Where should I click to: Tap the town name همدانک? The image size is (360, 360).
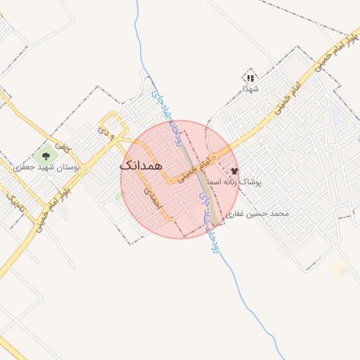click(141, 165)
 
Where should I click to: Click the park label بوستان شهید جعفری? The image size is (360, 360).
click(48, 167)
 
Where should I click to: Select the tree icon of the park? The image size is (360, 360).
click(46, 155)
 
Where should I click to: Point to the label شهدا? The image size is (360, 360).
click(250, 89)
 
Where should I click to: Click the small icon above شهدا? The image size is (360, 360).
click(250, 77)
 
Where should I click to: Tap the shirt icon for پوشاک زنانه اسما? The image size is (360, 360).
click(234, 171)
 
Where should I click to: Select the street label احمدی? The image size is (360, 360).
click(153, 197)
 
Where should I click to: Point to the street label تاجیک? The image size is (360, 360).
click(15, 205)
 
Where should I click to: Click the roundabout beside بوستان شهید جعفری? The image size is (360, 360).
click(86, 169)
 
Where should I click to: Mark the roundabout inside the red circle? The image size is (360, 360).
click(170, 180)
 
